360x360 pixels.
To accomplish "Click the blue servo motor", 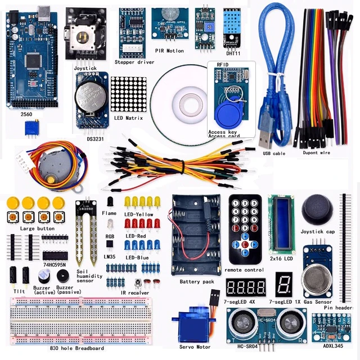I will [x=193, y=326].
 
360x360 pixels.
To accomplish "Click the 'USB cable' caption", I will [x=274, y=153].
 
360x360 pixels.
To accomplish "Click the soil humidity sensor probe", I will [x=87, y=236].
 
